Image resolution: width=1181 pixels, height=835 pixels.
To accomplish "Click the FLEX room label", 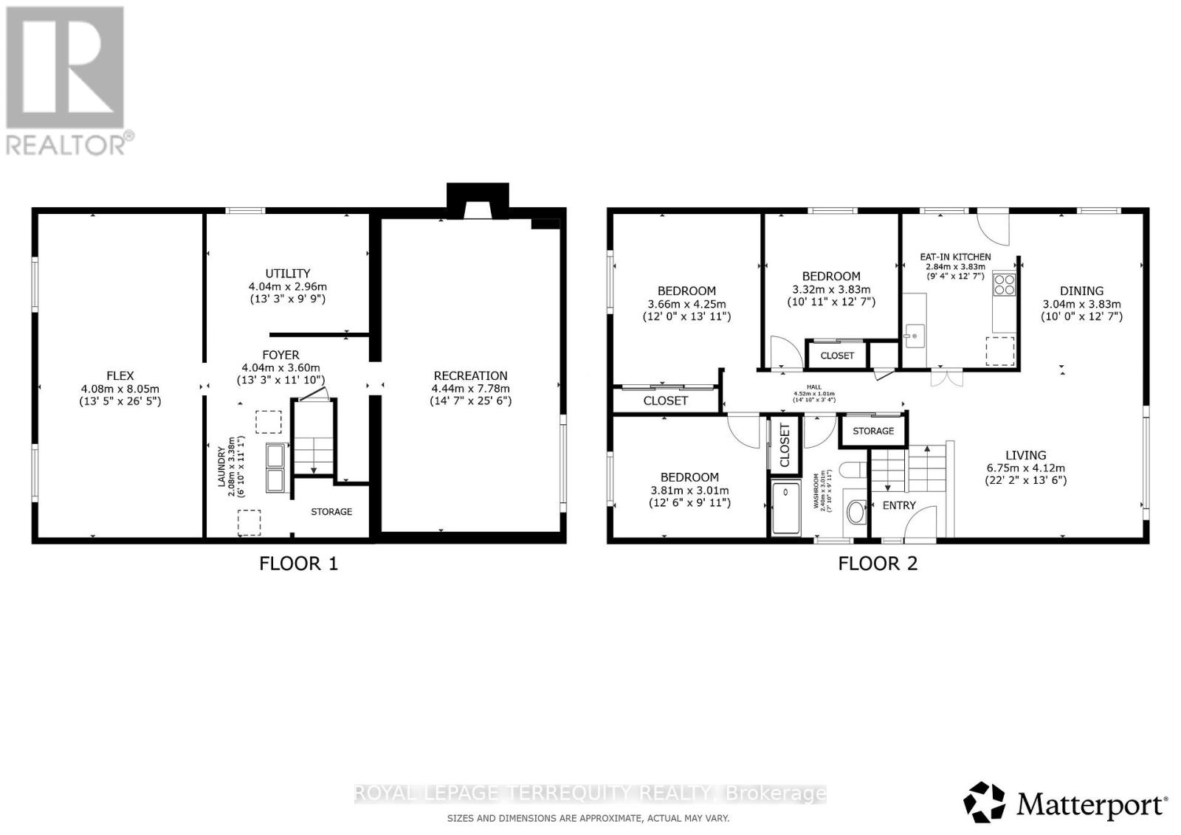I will [x=120, y=376].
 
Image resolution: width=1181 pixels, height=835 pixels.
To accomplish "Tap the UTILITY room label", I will [x=288, y=274].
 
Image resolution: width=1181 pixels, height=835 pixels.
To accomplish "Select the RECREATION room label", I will [x=470, y=376].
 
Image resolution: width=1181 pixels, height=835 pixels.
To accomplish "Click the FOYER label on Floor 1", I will [x=280, y=356].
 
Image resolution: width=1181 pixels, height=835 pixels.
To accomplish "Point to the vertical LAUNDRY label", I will [x=221, y=466].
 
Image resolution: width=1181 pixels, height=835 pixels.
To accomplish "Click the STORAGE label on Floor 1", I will [x=331, y=512].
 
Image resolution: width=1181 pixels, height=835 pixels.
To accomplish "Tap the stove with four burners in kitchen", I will [x=1004, y=284].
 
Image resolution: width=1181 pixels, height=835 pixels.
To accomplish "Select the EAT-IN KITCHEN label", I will [x=955, y=257].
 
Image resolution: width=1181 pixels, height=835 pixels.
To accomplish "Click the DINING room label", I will [x=1081, y=291].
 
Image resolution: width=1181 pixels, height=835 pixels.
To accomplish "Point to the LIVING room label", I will [x=1025, y=456].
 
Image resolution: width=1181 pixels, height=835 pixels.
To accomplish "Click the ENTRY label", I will [x=899, y=506].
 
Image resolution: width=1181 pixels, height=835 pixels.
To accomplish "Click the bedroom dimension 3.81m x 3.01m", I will [x=689, y=491].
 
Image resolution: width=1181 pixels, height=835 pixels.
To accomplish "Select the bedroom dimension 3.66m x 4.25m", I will [x=686, y=304].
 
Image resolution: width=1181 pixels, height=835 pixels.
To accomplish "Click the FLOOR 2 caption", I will [x=878, y=564].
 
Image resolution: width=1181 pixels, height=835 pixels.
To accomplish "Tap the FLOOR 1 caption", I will [x=298, y=564].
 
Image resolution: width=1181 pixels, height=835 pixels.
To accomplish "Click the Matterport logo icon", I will [x=984, y=802].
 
